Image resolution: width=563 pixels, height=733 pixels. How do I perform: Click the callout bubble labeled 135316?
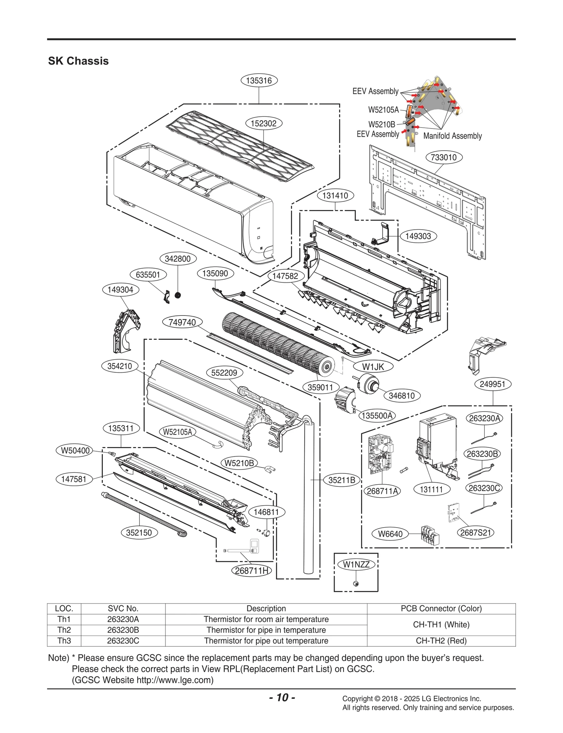(x=259, y=81)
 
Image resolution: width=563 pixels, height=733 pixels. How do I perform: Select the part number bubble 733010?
(x=444, y=157)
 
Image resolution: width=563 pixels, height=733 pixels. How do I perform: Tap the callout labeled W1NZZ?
(x=356, y=565)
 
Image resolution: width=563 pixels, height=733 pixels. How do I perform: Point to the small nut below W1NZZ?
(x=355, y=584)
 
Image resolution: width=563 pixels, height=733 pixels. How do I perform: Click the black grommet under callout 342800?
(x=178, y=295)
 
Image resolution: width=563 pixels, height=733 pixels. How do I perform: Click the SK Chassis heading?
(x=78, y=61)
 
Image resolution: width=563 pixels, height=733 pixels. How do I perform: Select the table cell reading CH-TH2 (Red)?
(x=441, y=641)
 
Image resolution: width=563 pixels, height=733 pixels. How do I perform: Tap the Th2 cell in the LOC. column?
(x=64, y=630)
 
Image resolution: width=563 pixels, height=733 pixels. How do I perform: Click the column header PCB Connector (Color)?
(x=441, y=608)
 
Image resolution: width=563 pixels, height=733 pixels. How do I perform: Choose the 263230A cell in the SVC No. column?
(x=123, y=619)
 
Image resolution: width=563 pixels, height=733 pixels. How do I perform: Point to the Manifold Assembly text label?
(x=452, y=136)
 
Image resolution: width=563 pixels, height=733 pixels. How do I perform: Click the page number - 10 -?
(x=282, y=697)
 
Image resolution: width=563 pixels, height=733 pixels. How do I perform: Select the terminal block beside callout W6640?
(x=430, y=535)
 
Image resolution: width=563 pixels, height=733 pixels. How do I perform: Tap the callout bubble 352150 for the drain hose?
(x=139, y=533)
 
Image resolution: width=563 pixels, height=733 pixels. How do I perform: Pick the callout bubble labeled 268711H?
(x=252, y=571)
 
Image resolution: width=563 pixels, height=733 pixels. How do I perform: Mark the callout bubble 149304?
(x=120, y=290)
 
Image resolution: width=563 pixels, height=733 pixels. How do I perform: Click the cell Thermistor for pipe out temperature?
(x=266, y=641)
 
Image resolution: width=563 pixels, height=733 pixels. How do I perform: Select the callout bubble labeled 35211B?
(x=342, y=480)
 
